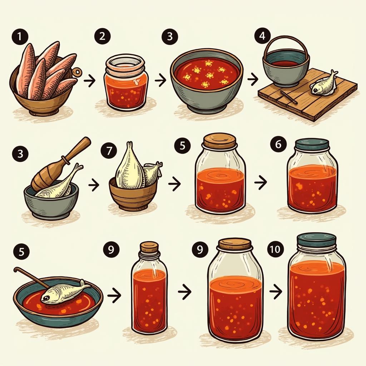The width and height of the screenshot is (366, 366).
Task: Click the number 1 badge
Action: point(20,37)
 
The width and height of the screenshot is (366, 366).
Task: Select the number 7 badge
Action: point(109,150)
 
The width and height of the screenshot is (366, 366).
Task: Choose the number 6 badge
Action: point(278,145)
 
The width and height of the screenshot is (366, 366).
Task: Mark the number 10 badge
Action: point(276,249)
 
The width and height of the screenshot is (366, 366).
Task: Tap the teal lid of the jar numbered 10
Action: point(317,241)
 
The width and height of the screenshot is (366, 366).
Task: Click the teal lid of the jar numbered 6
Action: point(312,144)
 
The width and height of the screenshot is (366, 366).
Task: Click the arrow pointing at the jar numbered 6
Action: point(261,183)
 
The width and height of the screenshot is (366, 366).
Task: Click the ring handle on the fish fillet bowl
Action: point(77,71)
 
